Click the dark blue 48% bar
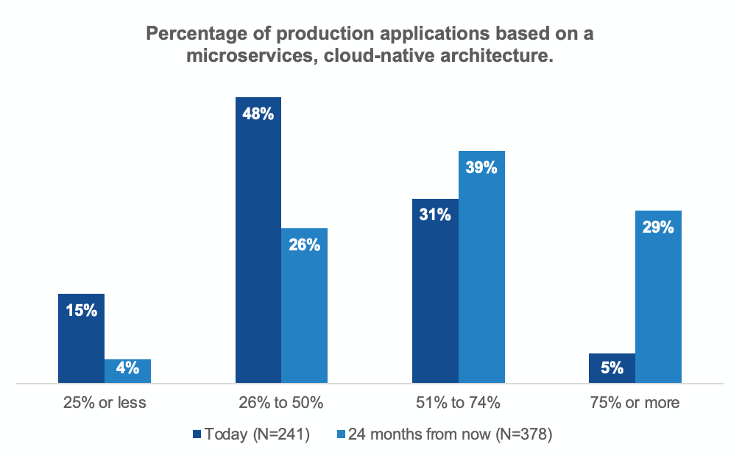click(258, 240)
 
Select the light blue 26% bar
click(304, 306)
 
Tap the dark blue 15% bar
click(82, 338)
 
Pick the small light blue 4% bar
click(128, 371)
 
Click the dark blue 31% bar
click(435, 291)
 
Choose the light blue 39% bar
click(481, 267)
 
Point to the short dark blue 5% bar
click(612, 368)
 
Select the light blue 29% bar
click(658, 297)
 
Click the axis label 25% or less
click(105, 403)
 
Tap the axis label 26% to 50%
click(281, 403)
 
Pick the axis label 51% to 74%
click(458, 403)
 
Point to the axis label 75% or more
click(635, 403)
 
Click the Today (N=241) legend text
click(258, 434)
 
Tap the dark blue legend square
click(197, 434)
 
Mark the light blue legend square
click(342, 434)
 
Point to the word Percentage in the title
click(197, 34)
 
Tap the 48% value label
click(258, 113)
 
